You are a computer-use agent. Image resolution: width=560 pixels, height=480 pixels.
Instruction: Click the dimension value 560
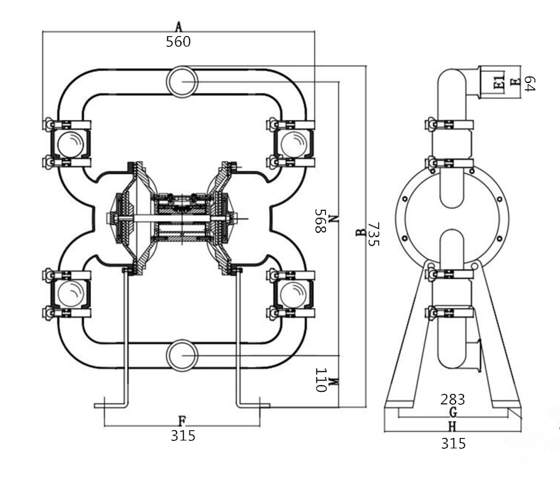click(178, 42)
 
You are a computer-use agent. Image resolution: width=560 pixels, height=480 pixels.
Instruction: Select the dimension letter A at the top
click(179, 26)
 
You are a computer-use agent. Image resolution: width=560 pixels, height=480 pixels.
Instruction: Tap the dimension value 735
click(373, 234)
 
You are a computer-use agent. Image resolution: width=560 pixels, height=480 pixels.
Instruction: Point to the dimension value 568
click(320, 221)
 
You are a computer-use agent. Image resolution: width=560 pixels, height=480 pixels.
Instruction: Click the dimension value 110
click(321, 380)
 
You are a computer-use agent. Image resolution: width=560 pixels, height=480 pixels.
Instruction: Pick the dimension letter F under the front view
click(182, 421)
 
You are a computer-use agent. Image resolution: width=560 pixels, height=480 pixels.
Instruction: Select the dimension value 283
click(453, 399)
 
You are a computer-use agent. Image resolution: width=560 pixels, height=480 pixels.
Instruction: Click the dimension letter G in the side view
click(453, 413)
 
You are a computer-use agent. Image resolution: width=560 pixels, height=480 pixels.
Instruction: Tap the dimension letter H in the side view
click(453, 427)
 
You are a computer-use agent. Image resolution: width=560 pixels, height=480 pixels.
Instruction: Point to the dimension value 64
click(529, 83)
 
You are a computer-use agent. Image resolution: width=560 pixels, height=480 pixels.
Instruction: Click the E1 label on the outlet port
click(499, 82)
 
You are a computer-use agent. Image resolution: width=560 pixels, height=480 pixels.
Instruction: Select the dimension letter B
click(361, 232)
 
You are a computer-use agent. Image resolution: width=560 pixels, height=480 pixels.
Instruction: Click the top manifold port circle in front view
click(182, 82)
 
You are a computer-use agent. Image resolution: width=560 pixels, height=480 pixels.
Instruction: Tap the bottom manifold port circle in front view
click(182, 356)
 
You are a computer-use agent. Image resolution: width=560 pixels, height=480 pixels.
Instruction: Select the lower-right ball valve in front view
click(294, 295)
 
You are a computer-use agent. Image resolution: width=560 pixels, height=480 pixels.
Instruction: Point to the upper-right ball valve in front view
click(294, 144)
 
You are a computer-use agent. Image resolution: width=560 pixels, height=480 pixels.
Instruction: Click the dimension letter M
click(333, 382)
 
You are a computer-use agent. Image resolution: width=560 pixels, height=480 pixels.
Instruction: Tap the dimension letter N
click(333, 219)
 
